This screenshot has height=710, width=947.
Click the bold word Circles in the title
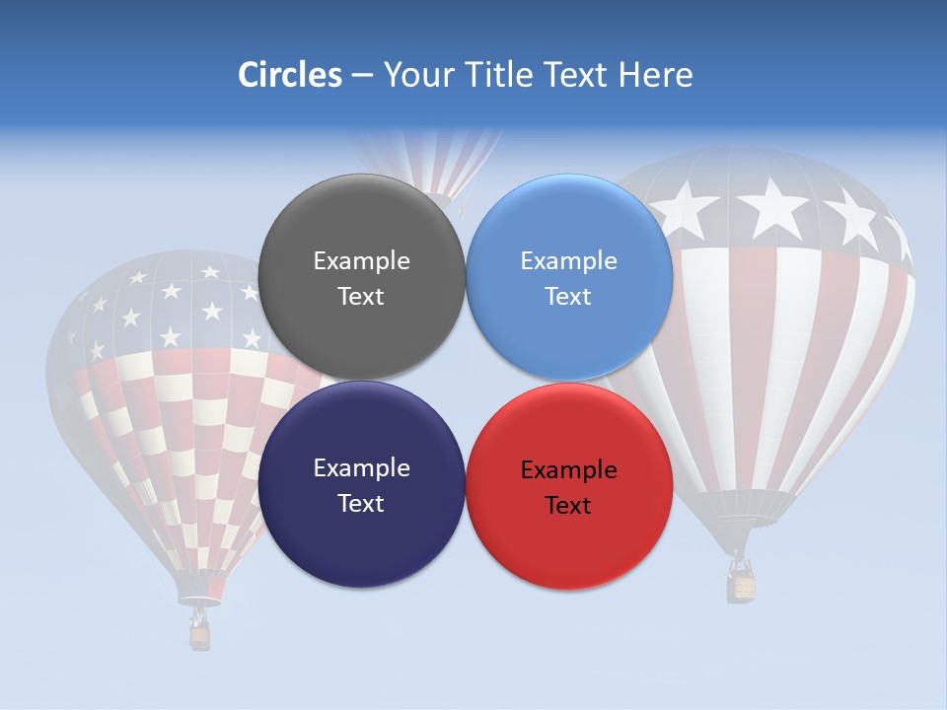point(289,75)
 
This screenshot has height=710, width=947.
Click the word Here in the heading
point(655,75)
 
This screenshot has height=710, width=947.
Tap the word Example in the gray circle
point(361,261)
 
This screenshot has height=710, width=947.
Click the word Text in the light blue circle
point(568,297)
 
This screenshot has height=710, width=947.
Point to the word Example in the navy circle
point(361,468)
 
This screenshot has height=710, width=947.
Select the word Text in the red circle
point(568,506)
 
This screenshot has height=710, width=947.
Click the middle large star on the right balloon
point(772,209)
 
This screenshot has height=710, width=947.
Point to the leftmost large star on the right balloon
point(687,208)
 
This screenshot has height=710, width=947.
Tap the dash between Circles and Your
point(362,76)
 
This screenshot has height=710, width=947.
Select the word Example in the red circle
point(568,470)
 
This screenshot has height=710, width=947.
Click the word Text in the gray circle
point(361,297)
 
